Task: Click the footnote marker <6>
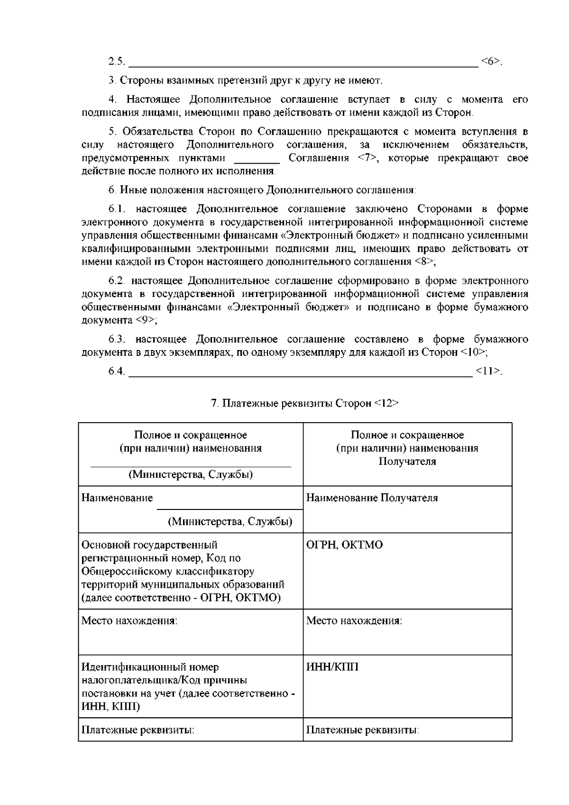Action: coord(491,61)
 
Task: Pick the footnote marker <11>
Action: coord(487,371)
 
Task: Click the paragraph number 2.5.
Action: coord(117,61)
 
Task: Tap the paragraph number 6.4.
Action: coord(117,371)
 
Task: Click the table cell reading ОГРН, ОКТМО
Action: coord(344,545)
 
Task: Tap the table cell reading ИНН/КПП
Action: coord(332,667)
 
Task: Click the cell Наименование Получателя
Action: coord(372,498)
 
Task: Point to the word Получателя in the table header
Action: coord(407,462)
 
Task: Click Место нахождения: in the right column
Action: coord(354,620)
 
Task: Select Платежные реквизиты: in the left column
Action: coord(138,730)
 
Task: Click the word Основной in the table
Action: coord(105,545)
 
